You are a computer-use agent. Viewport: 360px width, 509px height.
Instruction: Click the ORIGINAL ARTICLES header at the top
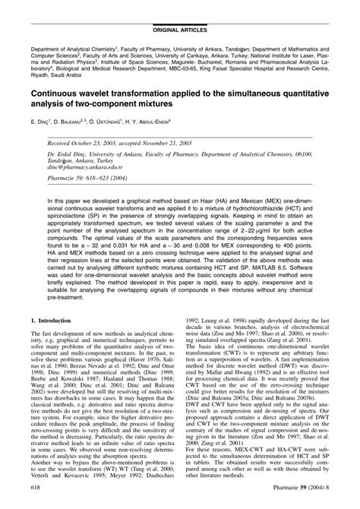[x=179, y=10]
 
